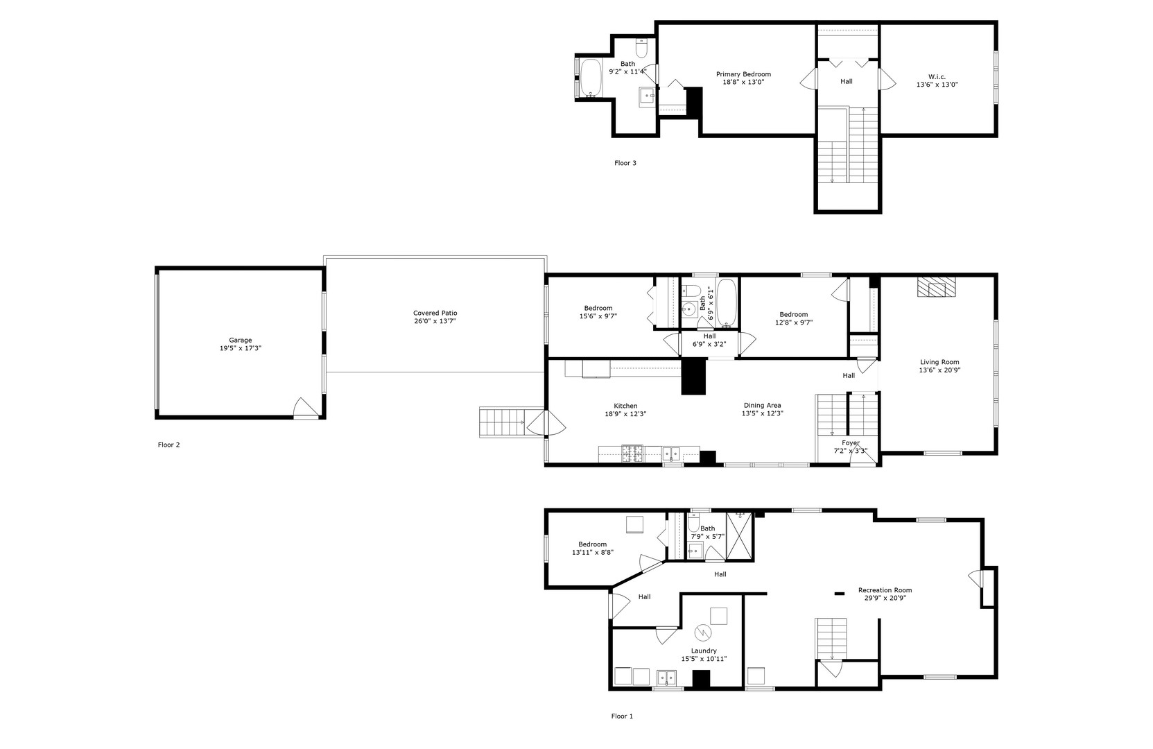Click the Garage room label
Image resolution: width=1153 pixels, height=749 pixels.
pyautogui.click(x=241, y=340)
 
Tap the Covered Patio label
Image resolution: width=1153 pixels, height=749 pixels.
pyautogui.click(x=435, y=313)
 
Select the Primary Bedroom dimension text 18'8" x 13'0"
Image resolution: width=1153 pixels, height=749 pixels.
pyautogui.click(x=743, y=82)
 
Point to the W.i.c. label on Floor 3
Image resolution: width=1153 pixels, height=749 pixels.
pyautogui.click(x=937, y=77)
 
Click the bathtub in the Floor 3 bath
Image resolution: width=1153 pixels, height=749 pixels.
pyautogui.click(x=591, y=78)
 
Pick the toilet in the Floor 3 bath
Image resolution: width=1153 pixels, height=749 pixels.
pyautogui.click(x=641, y=48)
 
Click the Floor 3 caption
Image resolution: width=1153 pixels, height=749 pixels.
pyautogui.click(x=625, y=163)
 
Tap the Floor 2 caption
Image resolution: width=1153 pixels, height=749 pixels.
pyautogui.click(x=169, y=445)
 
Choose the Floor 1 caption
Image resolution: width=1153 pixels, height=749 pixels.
pyautogui.click(x=623, y=716)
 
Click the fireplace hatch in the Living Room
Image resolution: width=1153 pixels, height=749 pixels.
pyautogui.click(x=936, y=286)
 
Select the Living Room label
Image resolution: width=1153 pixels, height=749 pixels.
pyautogui.click(x=940, y=362)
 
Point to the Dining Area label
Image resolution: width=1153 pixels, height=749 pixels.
pyautogui.click(x=763, y=405)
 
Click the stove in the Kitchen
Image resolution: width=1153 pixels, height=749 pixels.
pyautogui.click(x=632, y=454)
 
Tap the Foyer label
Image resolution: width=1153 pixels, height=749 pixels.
pyautogui.click(x=851, y=442)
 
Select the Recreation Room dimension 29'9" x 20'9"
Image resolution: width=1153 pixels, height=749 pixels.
pyautogui.click(x=885, y=599)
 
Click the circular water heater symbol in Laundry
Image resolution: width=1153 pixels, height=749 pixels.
pyautogui.click(x=702, y=632)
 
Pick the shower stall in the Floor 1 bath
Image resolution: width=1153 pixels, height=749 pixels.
pyautogui.click(x=739, y=536)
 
